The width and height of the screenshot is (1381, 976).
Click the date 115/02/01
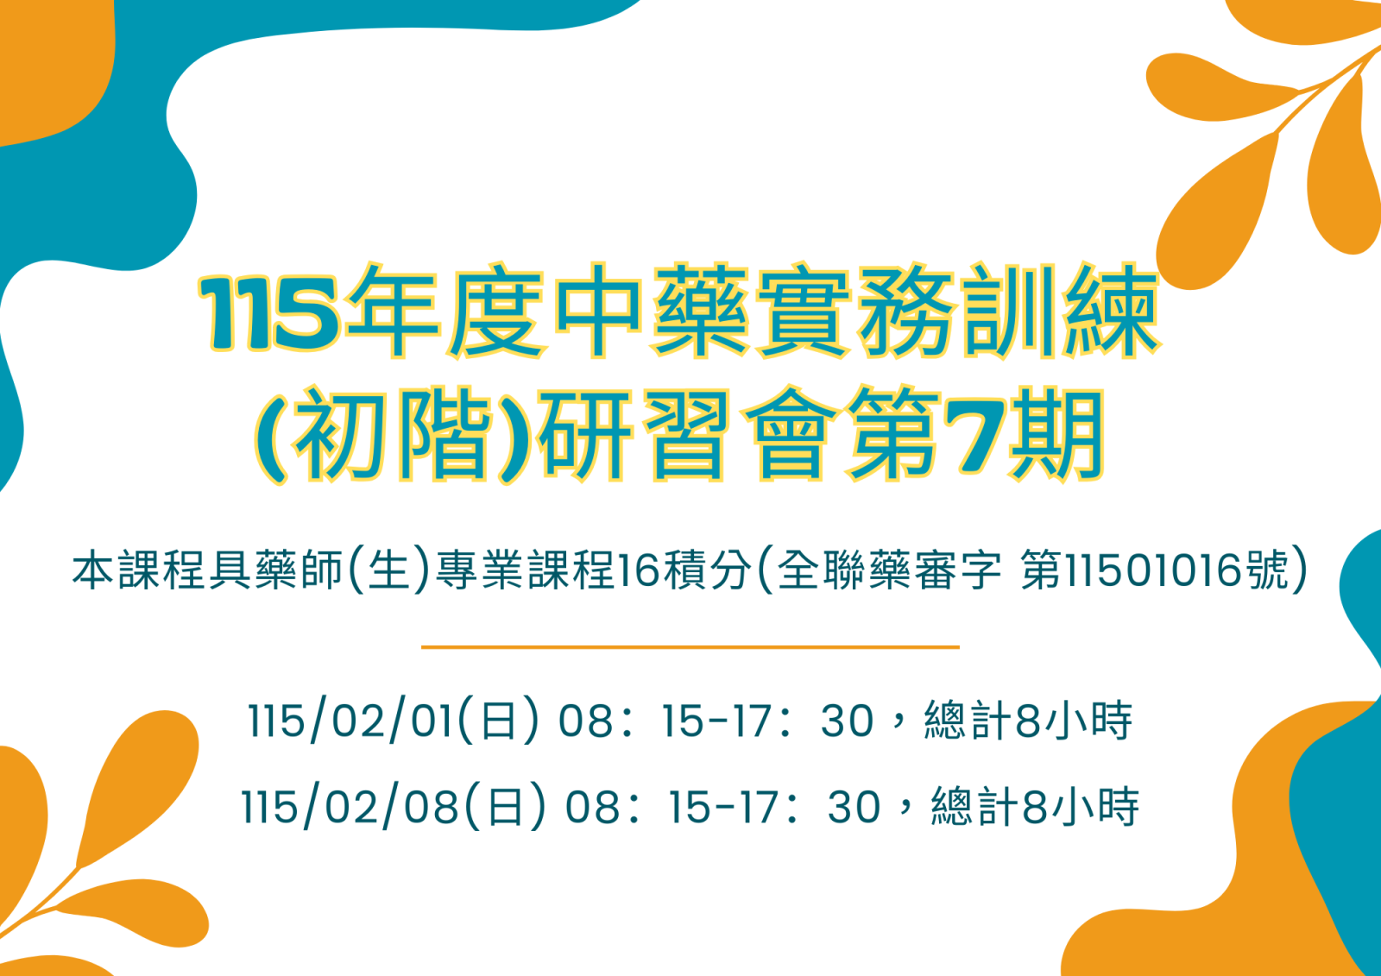[x=350, y=721]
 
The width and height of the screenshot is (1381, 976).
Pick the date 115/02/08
[x=350, y=807]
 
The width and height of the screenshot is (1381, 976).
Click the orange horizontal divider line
[x=690, y=647]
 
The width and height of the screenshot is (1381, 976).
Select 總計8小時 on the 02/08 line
[x=1035, y=806]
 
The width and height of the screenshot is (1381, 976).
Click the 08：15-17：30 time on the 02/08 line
[x=722, y=807]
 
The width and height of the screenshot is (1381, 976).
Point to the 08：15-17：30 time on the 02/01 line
[x=716, y=721]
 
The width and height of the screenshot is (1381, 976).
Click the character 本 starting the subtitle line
[x=92, y=570]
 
